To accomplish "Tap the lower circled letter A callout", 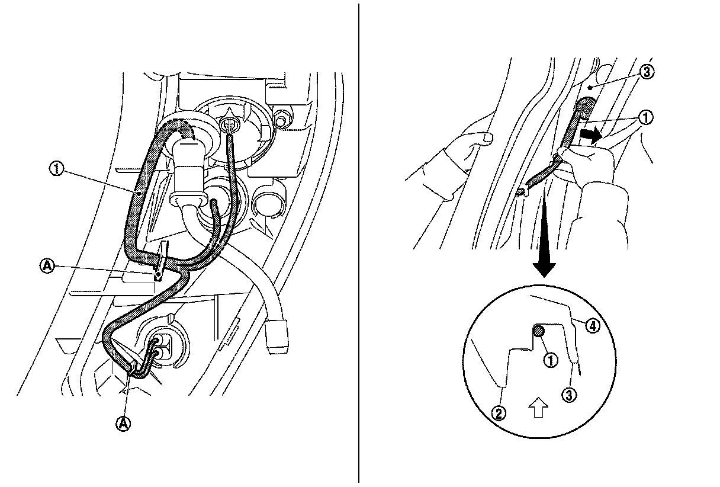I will point(124,424).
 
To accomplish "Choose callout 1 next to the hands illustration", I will point(646,118).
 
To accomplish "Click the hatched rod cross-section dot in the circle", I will point(538,332).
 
